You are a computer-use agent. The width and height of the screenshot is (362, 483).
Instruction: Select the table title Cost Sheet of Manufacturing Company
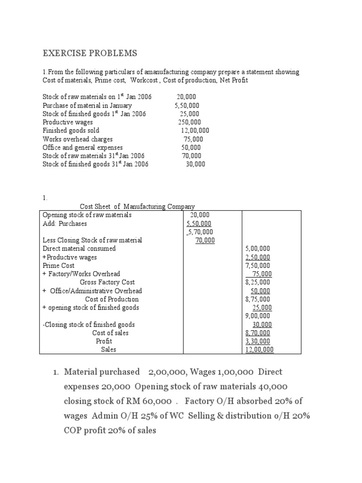tap(137, 206)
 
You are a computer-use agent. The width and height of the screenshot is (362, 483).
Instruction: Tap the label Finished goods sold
tap(71, 131)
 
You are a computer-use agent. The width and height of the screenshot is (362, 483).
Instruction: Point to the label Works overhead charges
tap(77, 139)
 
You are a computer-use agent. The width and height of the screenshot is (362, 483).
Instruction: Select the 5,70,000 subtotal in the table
tap(199, 232)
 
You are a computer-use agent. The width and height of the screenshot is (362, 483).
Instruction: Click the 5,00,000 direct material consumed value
tap(258, 249)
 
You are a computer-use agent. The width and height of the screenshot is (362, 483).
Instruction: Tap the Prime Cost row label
tap(58, 266)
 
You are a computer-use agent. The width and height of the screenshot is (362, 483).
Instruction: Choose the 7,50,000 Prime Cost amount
tap(258, 266)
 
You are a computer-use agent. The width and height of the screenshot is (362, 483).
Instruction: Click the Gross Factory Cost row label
tap(107, 283)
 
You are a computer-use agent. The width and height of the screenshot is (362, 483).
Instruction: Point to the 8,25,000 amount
tap(258, 283)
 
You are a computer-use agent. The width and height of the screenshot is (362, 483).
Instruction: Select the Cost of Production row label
tap(112, 300)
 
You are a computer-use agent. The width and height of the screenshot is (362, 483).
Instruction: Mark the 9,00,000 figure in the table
tap(258, 316)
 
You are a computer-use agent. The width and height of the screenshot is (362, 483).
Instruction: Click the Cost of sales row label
tap(110, 333)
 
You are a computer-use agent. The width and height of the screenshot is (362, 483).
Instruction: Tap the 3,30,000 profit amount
tap(258, 341)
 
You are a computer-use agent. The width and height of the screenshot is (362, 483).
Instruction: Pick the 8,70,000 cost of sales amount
tap(258, 333)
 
